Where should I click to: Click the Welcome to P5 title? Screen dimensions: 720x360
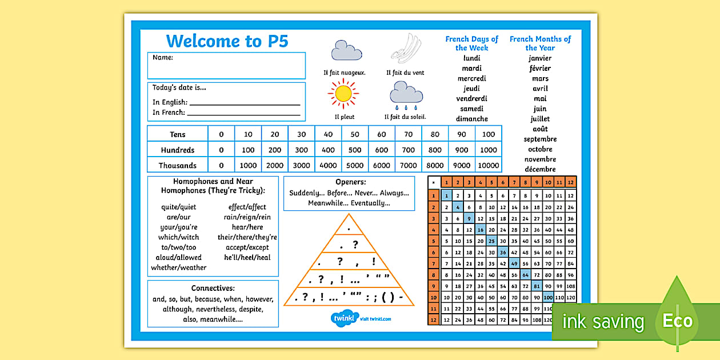tap(227, 41)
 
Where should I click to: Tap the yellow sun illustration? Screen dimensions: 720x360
tap(343, 93)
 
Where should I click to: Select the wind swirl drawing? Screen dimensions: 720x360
tap(405, 48)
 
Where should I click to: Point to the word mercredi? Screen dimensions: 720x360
tap(471, 78)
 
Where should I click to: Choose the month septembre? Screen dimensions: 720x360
tap(540, 139)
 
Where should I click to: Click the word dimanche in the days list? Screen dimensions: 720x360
tap(471, 119)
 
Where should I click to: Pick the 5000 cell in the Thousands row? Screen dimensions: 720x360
tap(355, 165)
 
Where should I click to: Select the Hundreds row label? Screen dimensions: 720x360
tap(177, 150)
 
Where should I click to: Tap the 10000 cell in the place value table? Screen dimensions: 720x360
tap(489, 165)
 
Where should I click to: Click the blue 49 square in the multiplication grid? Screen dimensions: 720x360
tap(514, 263)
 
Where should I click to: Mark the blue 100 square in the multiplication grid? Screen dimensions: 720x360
tap(548, 297)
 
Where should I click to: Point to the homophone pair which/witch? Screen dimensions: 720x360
tap(178, 237)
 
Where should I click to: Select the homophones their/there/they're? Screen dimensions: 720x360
tap(247, 237)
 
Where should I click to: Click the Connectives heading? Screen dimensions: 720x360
tap(213, 288)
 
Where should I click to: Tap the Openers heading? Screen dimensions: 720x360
tap(349, 182)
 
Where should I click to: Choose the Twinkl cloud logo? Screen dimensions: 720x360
tap(343, 318)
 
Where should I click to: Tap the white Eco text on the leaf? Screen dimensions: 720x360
tap(677, 321)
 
